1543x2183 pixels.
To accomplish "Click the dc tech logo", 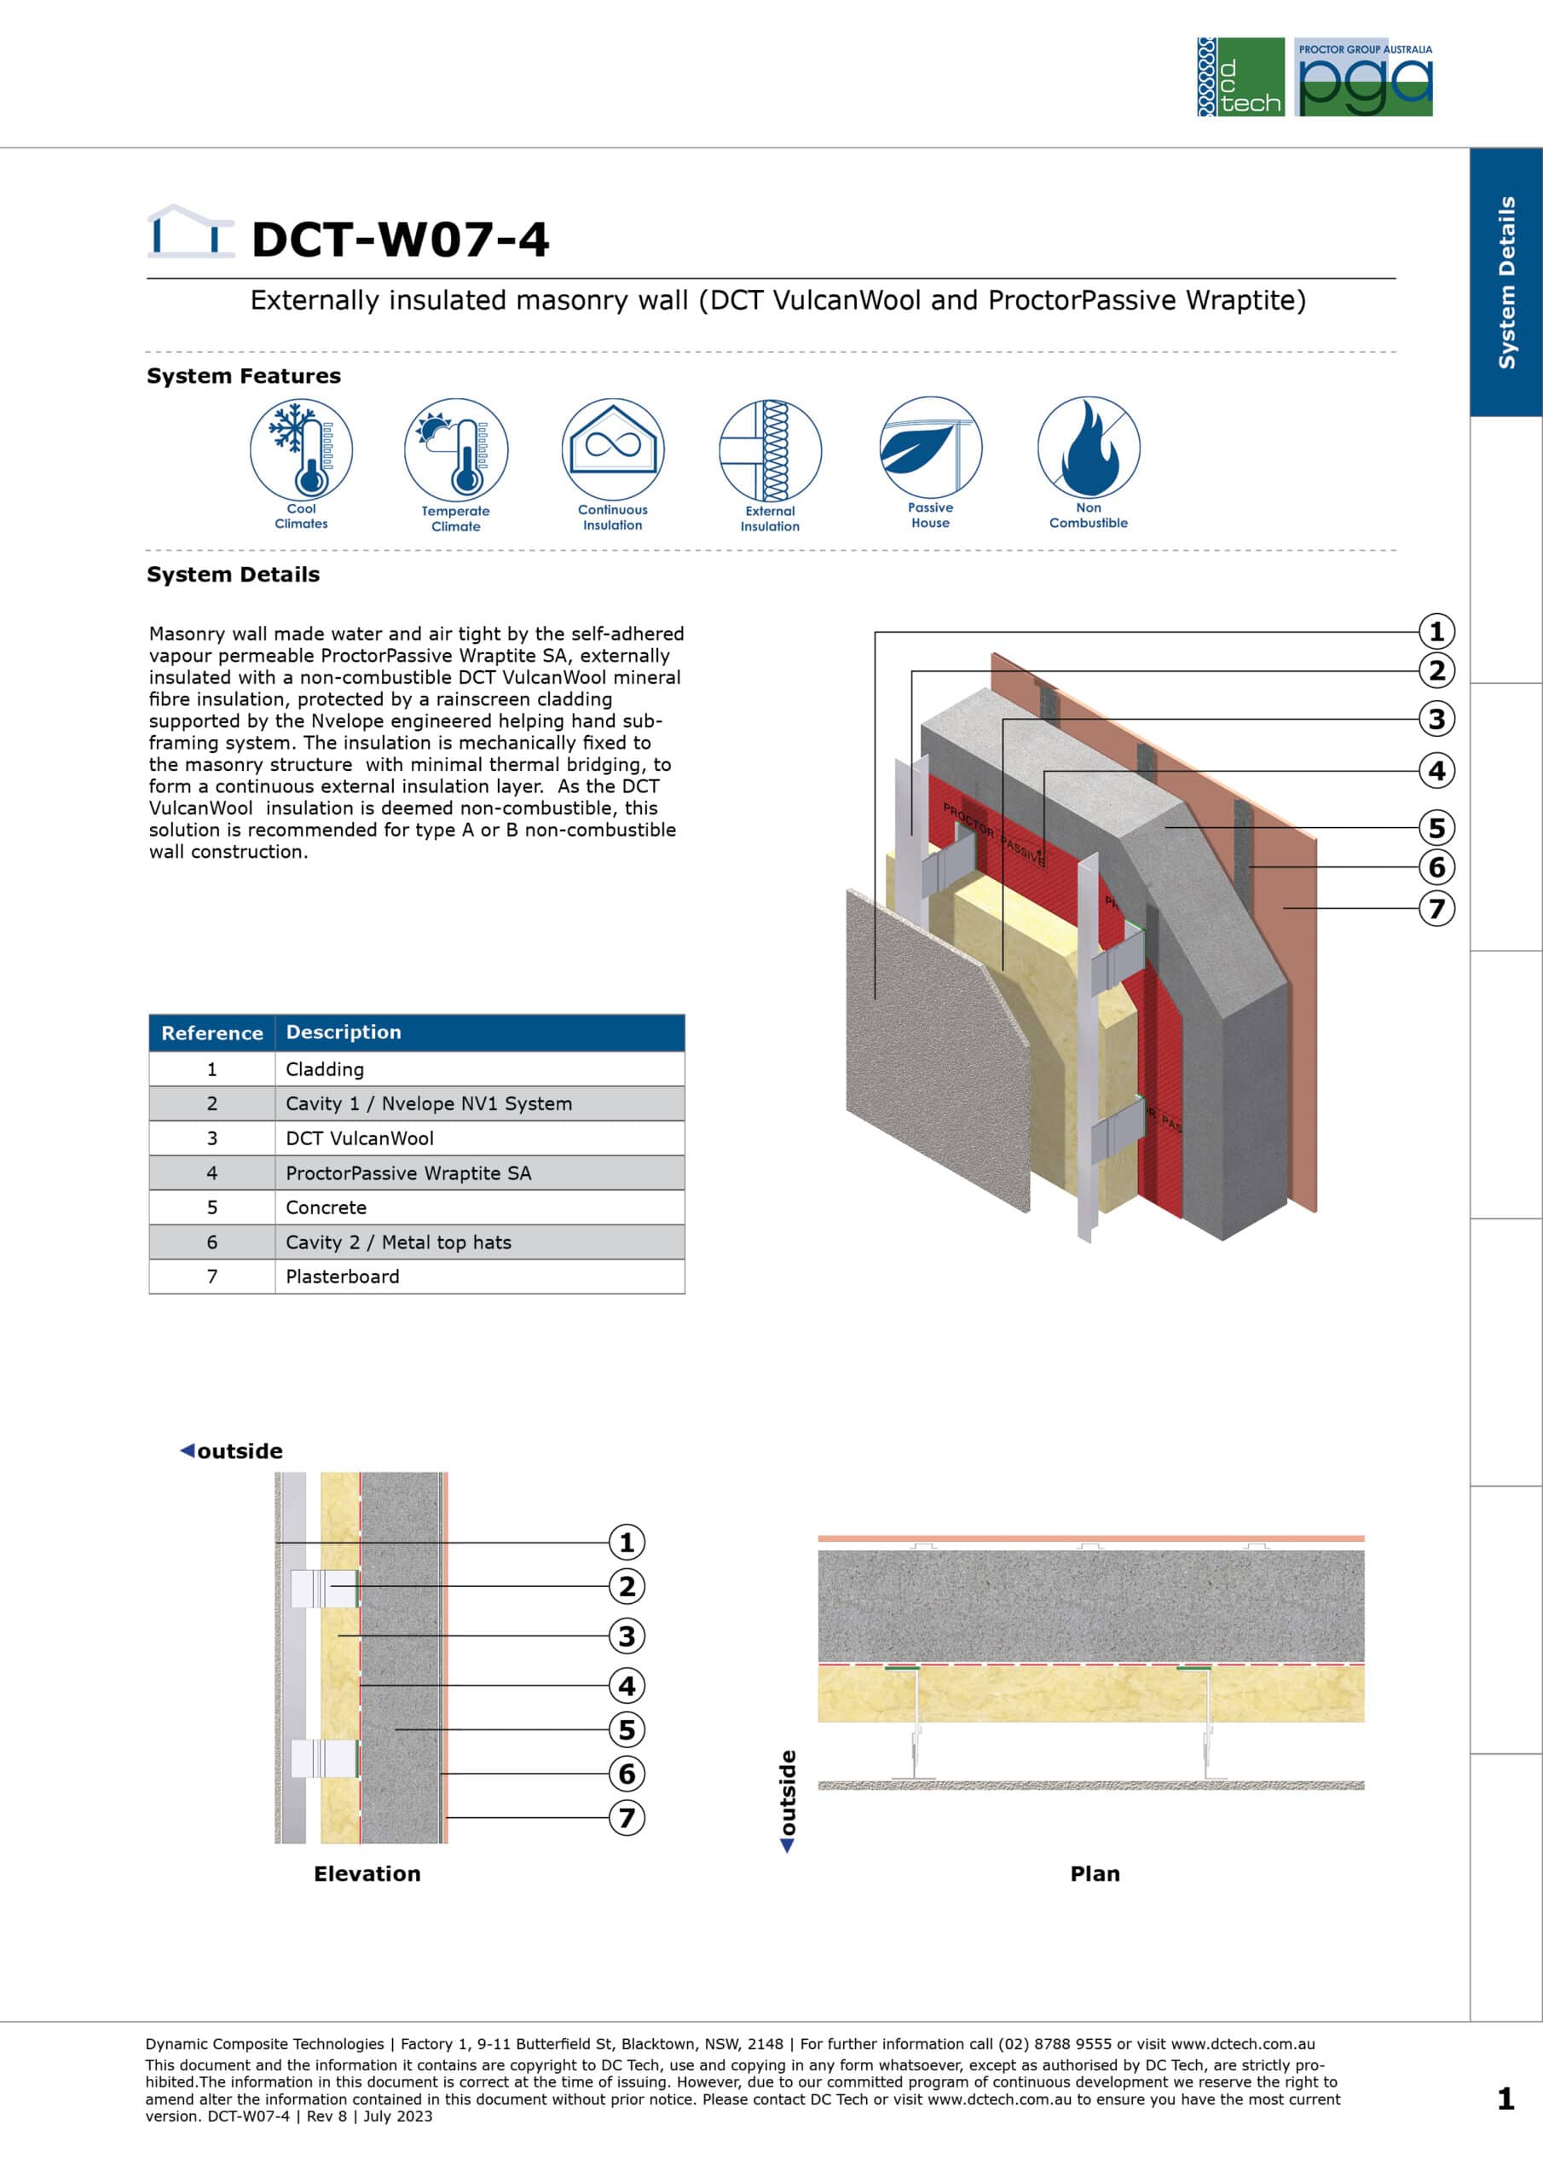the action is coord(1240,77).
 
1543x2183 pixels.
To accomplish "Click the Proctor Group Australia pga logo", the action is coord(1363,77).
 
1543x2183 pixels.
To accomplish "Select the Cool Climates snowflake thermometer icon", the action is coord(302,449).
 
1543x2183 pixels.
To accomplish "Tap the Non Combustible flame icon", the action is coord(1089,447).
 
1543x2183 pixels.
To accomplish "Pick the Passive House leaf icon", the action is coord(931,447).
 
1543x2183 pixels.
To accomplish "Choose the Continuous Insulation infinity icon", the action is coord(613,449).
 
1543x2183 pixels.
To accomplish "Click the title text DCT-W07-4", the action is coord(401,239).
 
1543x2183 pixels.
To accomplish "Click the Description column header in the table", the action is coord(344,1032).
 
